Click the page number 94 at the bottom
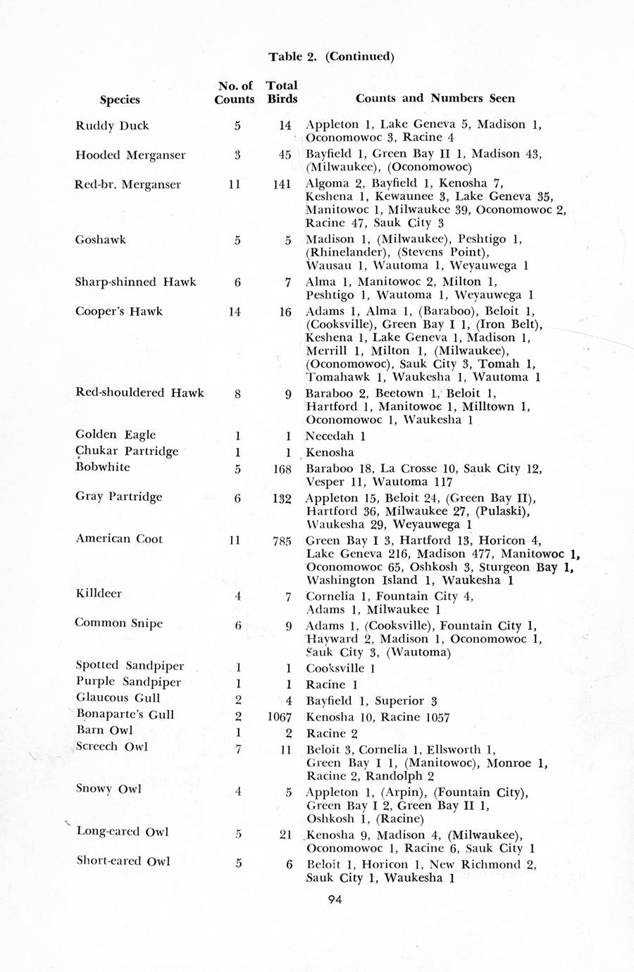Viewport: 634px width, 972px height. [335, 898]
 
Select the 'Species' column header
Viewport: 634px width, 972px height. [120, 99]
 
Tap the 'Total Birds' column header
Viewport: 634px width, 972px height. [282, 92]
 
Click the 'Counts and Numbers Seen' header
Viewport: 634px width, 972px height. [435, 99]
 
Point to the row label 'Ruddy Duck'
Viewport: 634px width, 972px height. [112, 126]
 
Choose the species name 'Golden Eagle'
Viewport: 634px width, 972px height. [116, 435]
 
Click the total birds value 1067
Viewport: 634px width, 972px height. [280, 717]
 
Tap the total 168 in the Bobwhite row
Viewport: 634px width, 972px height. [280, 468]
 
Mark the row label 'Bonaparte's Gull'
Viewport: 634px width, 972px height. [125, 714]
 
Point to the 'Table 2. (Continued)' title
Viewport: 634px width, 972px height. [331, 56]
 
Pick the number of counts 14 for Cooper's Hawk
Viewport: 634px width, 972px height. [235, 311]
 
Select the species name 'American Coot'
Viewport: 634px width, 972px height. [119, 540]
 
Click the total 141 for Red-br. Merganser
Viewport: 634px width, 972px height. [282, 185]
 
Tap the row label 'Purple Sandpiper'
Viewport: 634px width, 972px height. [128, 682]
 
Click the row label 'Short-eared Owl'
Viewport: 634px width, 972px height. [123, 861]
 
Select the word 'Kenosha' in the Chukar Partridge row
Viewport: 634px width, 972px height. [330, 452]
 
